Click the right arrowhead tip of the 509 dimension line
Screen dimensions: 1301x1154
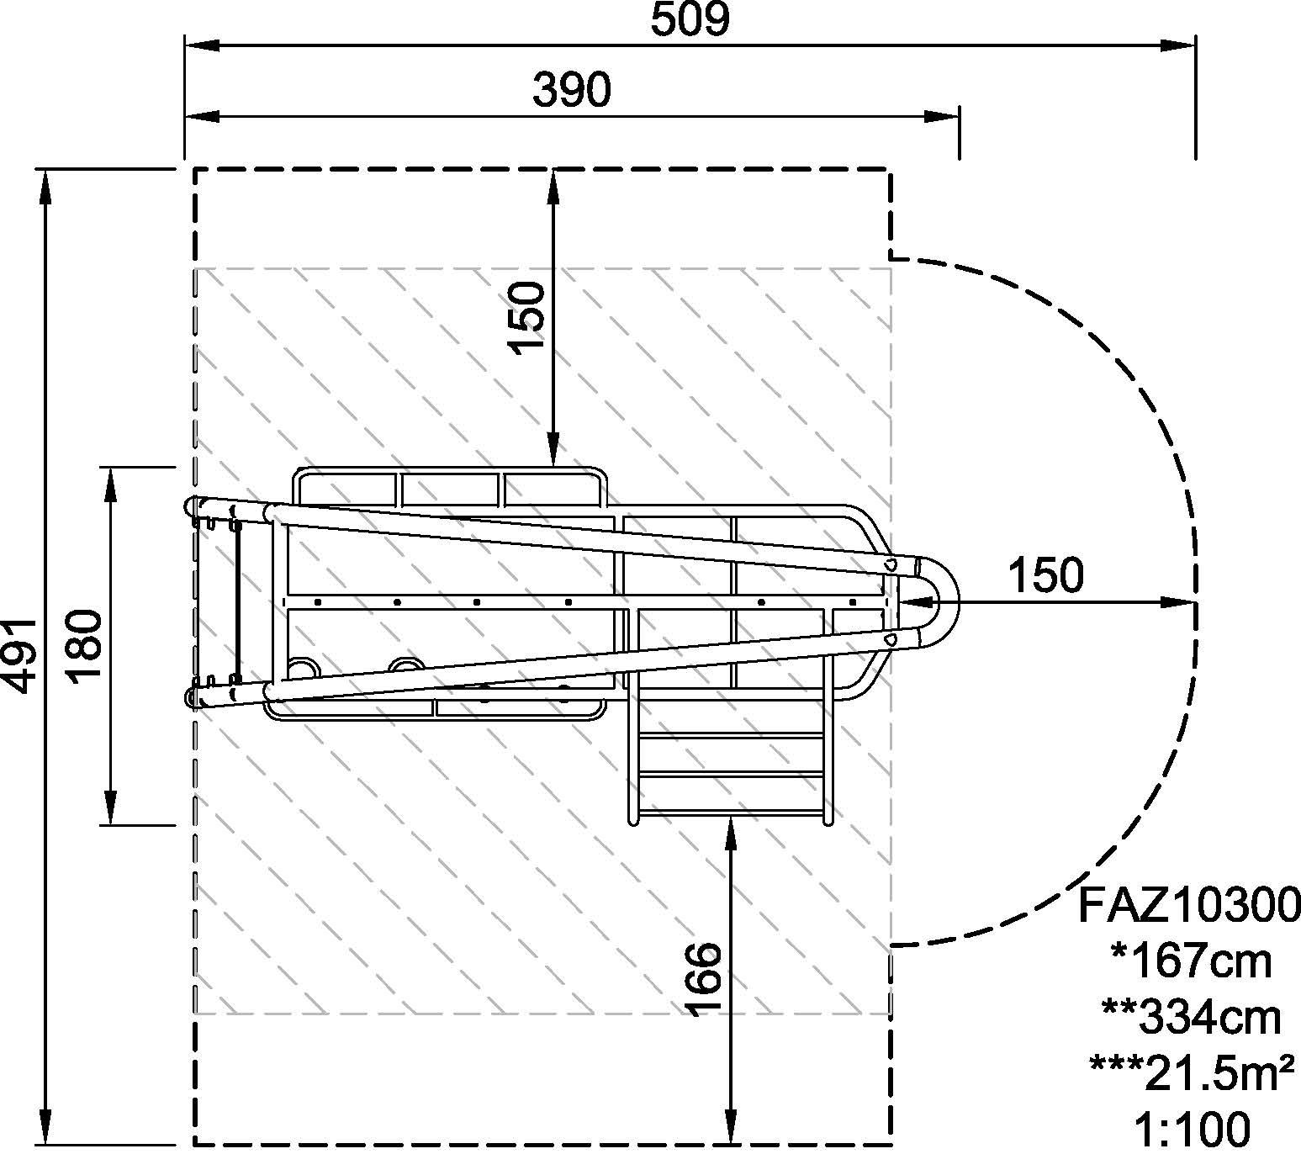click(1195, 45)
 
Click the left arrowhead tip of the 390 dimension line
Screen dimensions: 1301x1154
click(185, 116)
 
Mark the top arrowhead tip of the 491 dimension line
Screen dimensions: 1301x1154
click(45, 170)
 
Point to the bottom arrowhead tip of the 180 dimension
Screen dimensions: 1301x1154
click(111, 824)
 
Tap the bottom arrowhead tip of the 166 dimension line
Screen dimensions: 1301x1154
click(732, 1145)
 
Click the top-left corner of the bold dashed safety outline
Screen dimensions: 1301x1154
click(195, 169)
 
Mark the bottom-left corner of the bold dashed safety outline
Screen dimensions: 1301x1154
click(195, 1145)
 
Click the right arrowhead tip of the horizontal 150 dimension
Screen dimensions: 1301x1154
click(1195, 602)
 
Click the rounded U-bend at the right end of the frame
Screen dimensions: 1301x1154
click(938, 602)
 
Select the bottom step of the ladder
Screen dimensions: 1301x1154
click(732, 814)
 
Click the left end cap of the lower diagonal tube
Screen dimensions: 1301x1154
click(190, 696)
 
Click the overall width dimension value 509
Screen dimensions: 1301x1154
click(690, 19)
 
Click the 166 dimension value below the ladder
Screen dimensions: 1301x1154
click(704, 979)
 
